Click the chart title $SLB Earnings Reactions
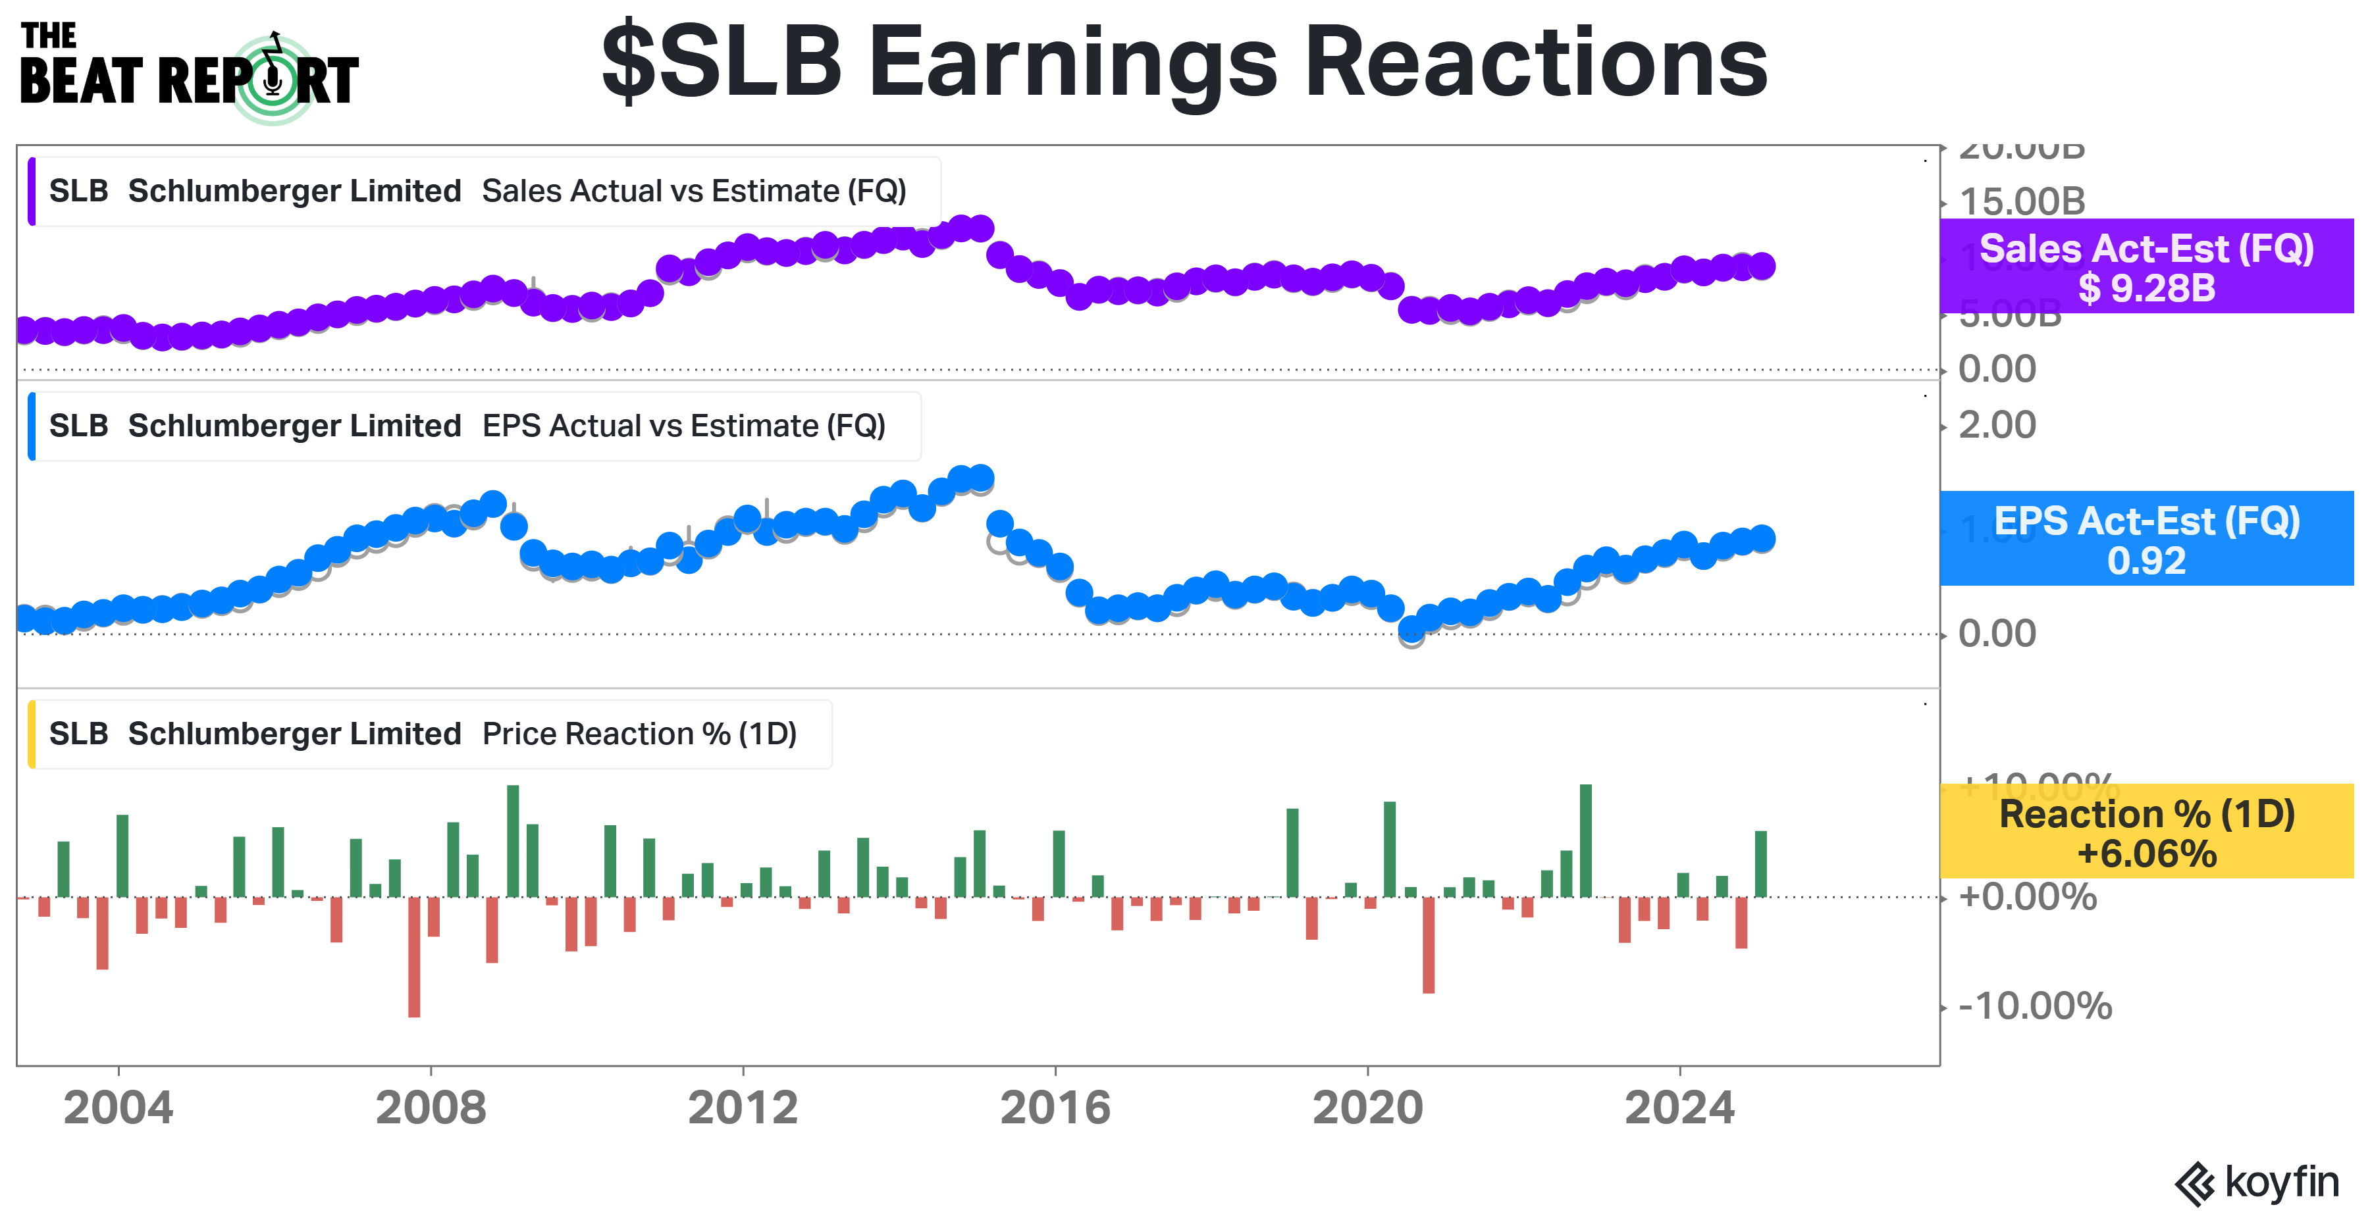(1184, 63)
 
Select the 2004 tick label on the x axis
(118, 1108)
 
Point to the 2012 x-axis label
(743, 1108)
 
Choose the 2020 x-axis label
(1367, 1108)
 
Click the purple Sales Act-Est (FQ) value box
(2146, 267)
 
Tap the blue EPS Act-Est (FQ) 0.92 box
(2146, 539)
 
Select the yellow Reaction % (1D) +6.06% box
(2146, 832)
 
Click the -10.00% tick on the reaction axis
(2035, 1006)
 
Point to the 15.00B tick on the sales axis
(2022, 201)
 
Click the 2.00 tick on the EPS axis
(1997, 425)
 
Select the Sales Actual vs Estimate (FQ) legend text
(694, 191)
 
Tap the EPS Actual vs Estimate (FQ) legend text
(683, 426)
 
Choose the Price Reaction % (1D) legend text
(639, 734)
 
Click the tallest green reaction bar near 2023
(1585, 840)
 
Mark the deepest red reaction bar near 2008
(414, 956)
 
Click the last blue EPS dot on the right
(1762, 539)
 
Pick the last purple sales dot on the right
(1762, 266)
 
